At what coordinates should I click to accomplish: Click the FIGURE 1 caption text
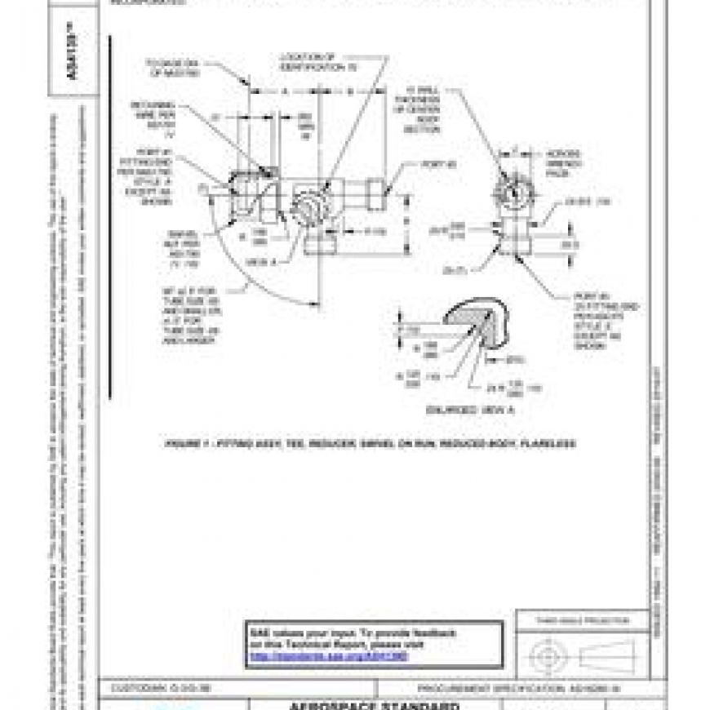371,443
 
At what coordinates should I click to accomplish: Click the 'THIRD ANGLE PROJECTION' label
583,621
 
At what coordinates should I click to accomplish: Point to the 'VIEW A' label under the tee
256,261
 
